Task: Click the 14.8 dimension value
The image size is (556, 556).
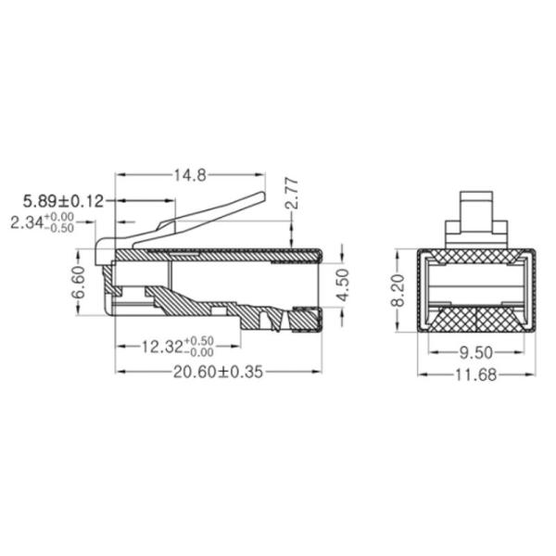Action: (x=188, y=174)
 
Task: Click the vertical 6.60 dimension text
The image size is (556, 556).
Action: (x=79, y=284)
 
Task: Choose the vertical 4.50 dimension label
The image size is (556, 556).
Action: (x=343, y=285)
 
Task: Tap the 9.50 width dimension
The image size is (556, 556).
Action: (x=478, y=352)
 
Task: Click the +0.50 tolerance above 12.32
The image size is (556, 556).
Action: (x=199, y=341)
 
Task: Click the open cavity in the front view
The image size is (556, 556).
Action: (x=478, y=286)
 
